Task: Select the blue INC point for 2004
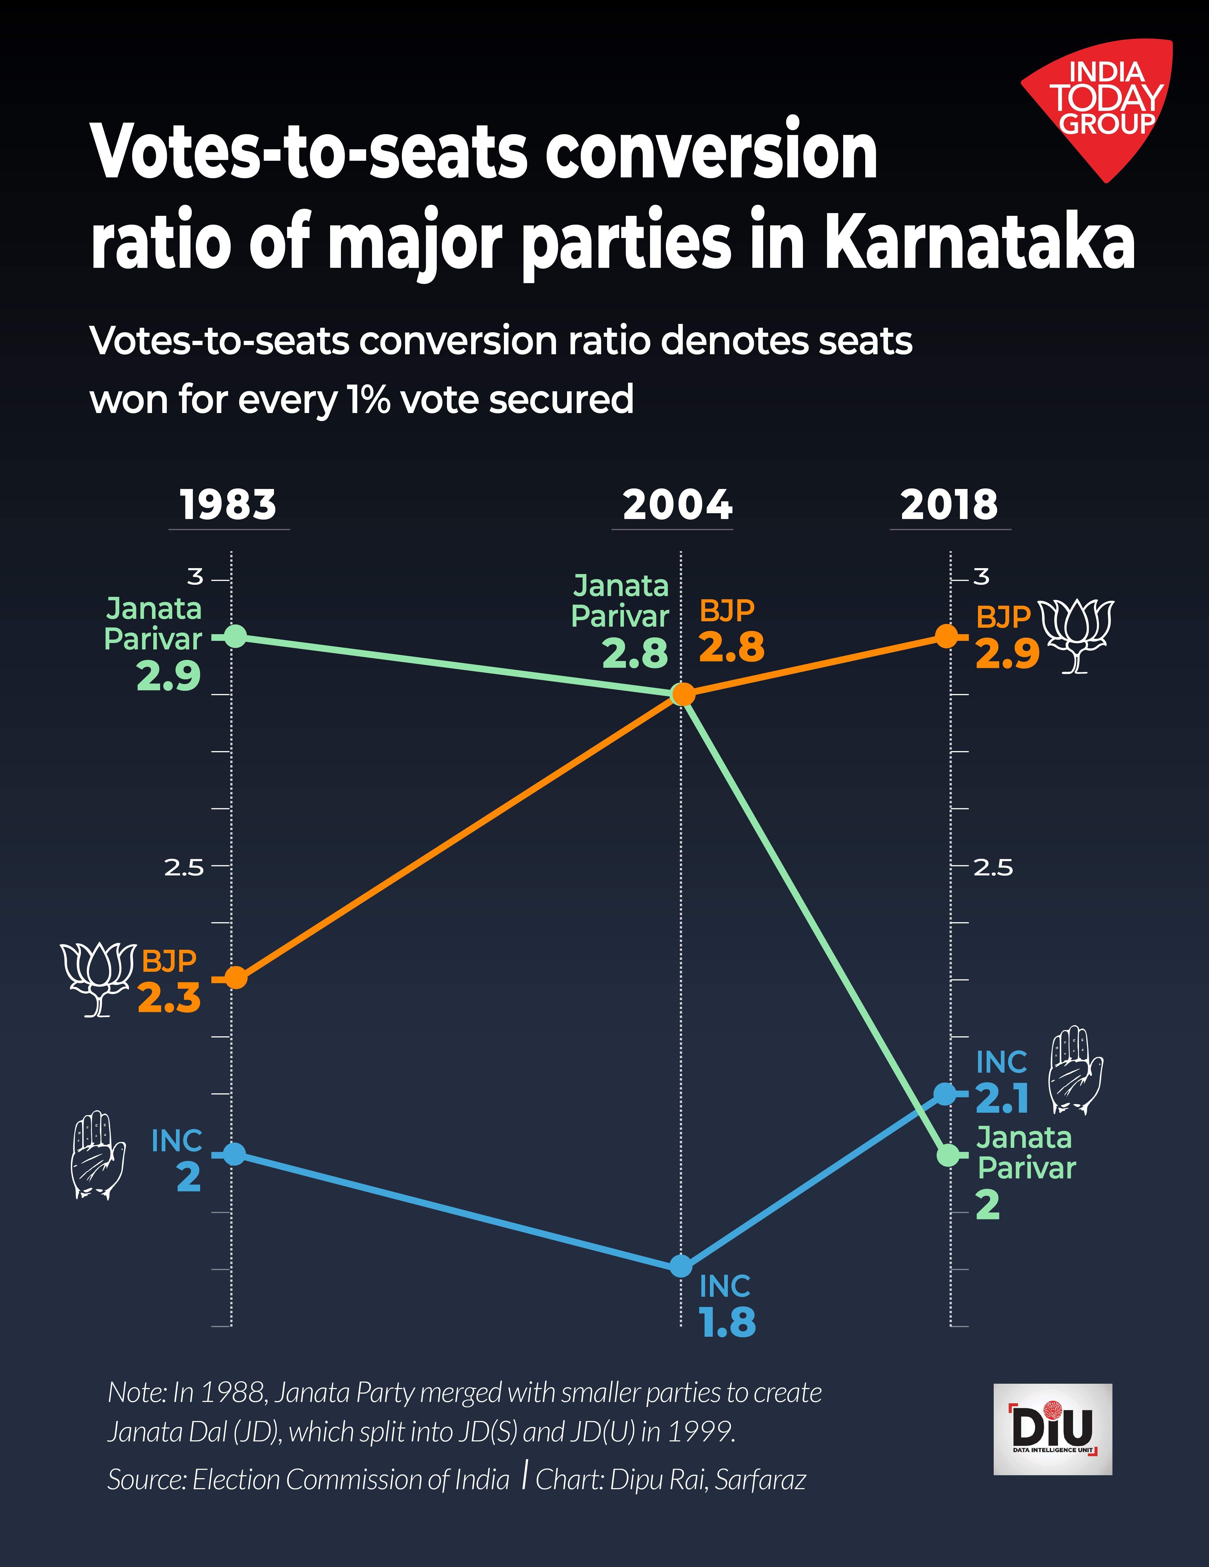[x=681, y=1266]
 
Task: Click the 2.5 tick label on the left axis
[x=184, y=868]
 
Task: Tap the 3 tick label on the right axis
[x=981, y=576]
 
